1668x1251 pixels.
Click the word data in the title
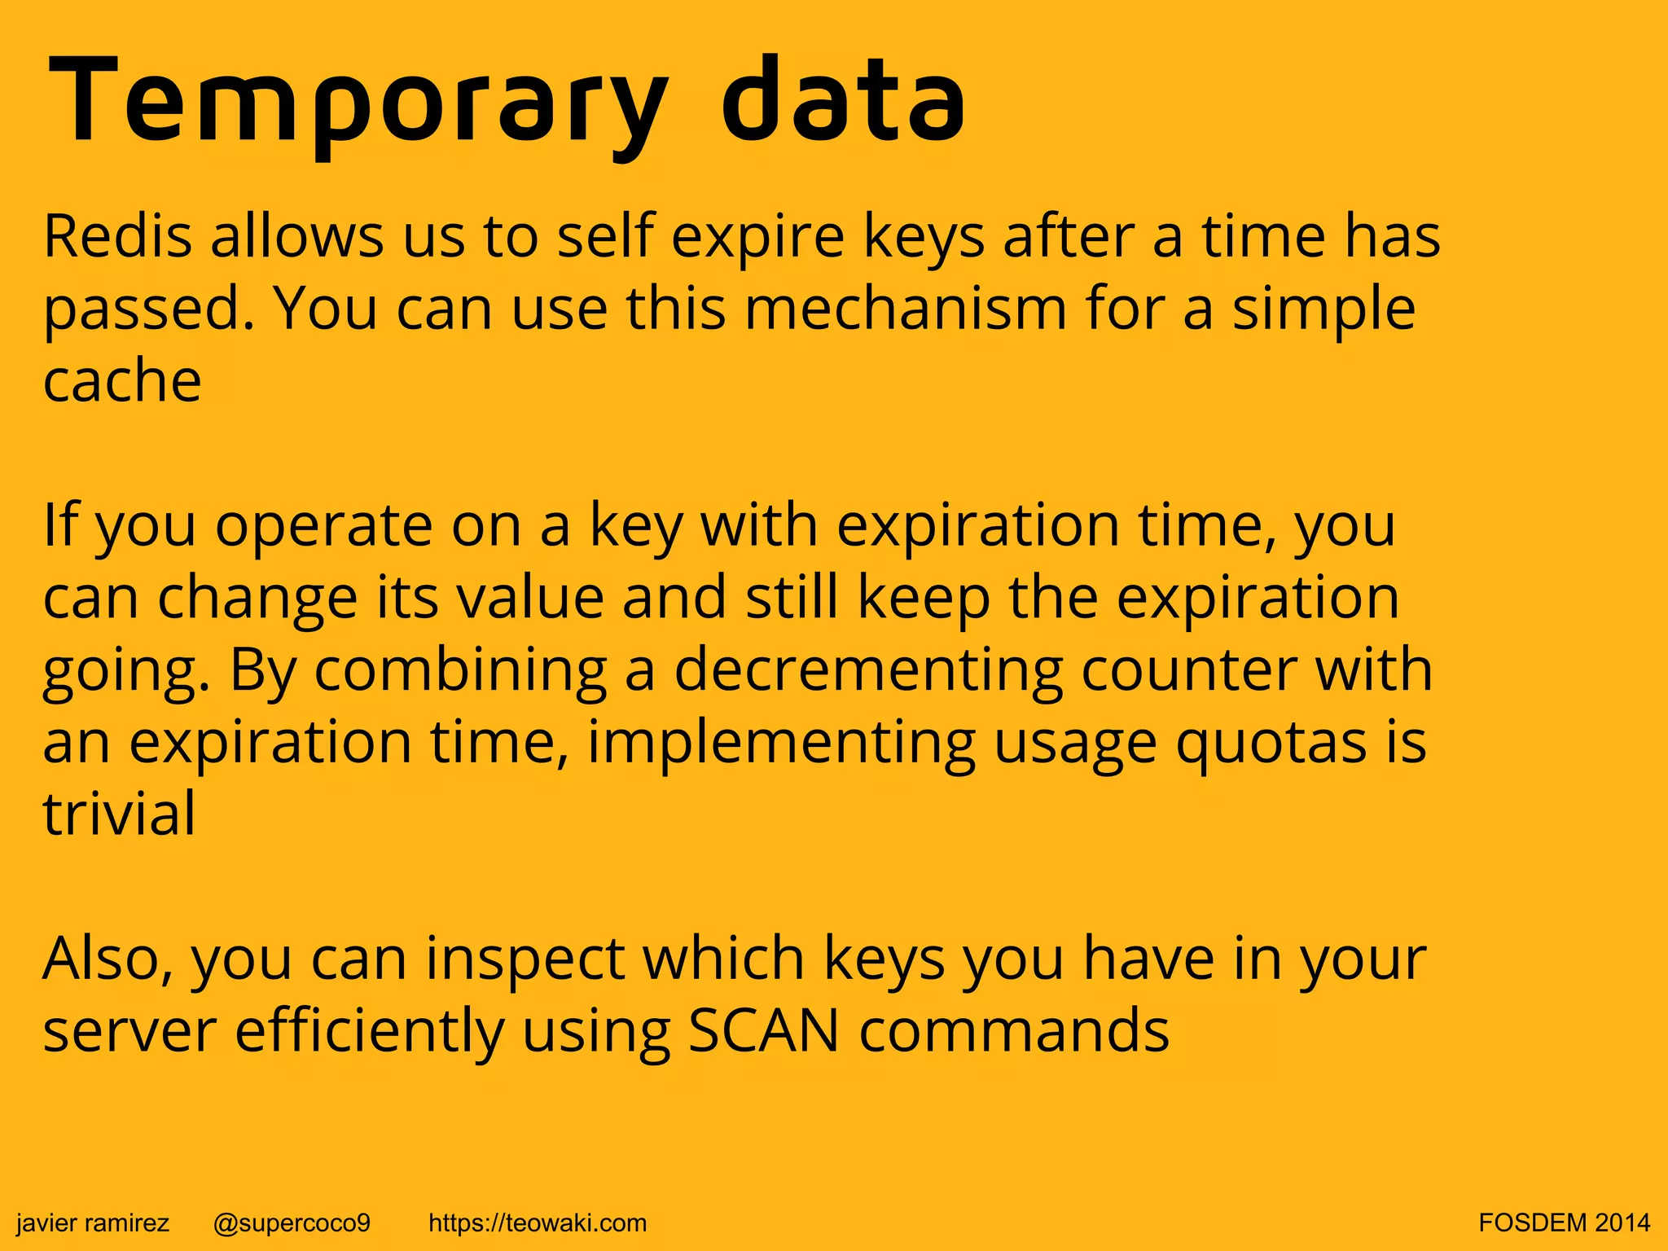(x=843, y=103)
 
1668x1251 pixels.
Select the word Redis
(x=118, y=236)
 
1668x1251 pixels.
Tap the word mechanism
(x=905, y=309)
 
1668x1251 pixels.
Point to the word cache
(x=122, y=381)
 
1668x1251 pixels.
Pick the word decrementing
(x=868, y=670)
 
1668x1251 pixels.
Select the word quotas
(x=1271, y=743)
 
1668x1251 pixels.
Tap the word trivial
(x=119, y=814)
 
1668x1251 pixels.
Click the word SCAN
(x=763, y=1031)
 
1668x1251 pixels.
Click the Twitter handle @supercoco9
(x=292, y=1222)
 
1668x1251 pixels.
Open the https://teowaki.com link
(x=538, y=1222)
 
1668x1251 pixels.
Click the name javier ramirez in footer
(x=93, y=1222)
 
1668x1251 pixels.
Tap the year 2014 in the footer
(x=1622, y=1222)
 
